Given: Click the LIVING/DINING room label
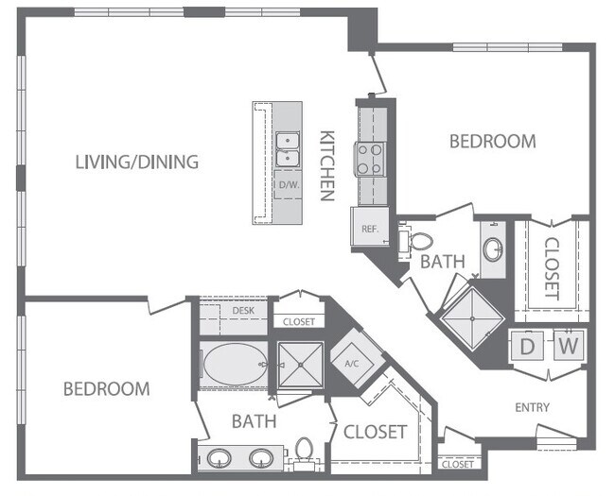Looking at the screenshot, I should pyautogui.click(x=137, y=162).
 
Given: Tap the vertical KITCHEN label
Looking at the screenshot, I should pyautogui.click(x=327, y=165).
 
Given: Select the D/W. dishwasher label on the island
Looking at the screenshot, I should pyautogui.click(x=288, y=185).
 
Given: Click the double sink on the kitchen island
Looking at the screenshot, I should pyautogui.click(x=288, y=148).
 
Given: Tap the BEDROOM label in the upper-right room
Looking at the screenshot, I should pyautogui.click(x=492, y=142).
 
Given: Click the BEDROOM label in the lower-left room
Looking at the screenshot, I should pyautogui.click(x=106, y=388).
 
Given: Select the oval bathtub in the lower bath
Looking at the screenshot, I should pyautogui.click(x=232, y=365).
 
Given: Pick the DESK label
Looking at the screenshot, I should pyautogui.click(x=243, y=310).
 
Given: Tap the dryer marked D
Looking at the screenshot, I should pyautogui.click(x=528, y=347).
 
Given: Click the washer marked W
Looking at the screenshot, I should pyautogui.click(x=567, y=347).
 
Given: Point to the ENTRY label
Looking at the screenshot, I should pyautogui.click(x=533, y=407).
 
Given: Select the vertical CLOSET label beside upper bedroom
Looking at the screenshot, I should pyautogui.click(x=552, y=267).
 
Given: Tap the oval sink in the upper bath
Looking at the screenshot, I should pyautogui.click(x=493, y=250).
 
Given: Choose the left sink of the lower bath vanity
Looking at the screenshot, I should pyautogui.click(x=220, y=458).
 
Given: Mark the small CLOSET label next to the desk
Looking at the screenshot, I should pyautogui.click(x=299, y=322).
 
